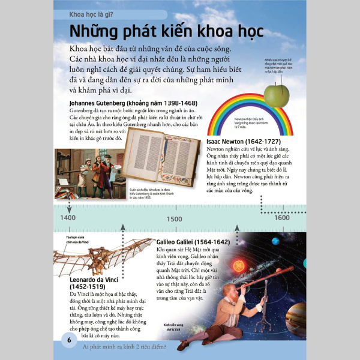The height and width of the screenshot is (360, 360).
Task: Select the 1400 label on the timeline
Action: coord(68,218)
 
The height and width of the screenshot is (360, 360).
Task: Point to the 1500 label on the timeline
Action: coord(175,218)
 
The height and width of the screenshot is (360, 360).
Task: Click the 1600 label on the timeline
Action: coord(281,218)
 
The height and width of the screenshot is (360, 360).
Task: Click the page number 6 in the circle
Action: coord(69,341)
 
